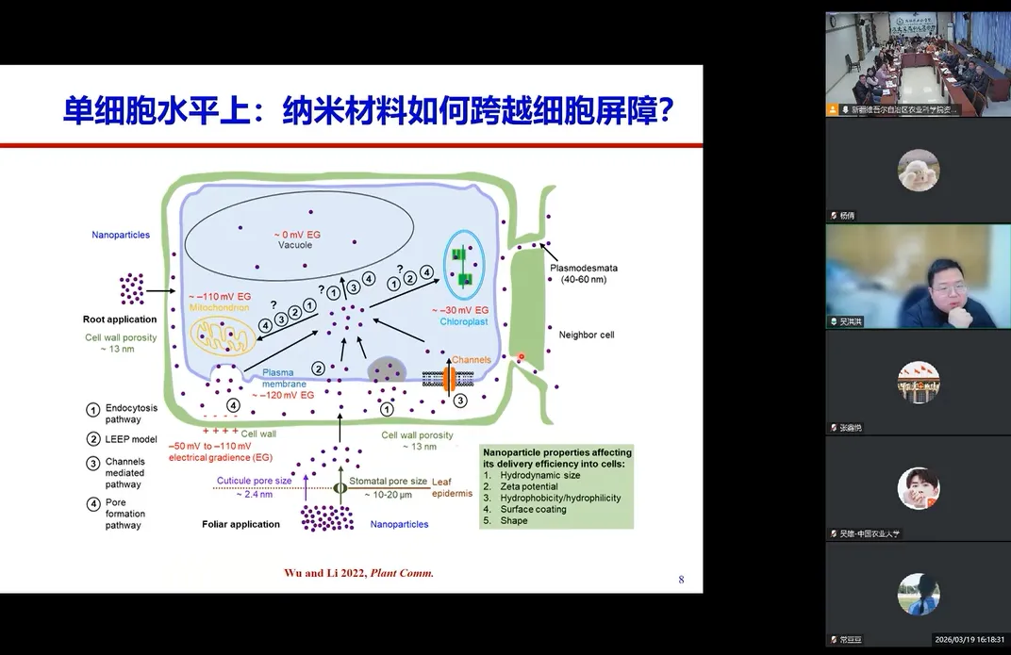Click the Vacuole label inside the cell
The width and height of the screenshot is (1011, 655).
pyautogui.click(x=294, y=245)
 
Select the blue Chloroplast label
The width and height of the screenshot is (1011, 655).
pyautogui.click(x=462, y=321)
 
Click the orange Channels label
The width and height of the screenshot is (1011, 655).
pyautogui.click(x=472, y=360)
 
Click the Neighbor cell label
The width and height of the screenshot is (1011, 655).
pyautogui.click(x=586, y=335)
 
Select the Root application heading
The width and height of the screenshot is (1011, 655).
pyautogui.click(x=120, y=319)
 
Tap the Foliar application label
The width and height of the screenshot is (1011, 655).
pyautogui.click(x=240, y=524)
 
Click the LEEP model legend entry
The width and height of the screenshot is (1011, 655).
pyautogui.click(x=130, y=439)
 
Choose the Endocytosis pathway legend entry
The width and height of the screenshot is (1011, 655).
pyautogui.click(x=124, y=414)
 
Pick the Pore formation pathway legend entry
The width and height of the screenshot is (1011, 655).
pyautogui.click(x=124, y=514)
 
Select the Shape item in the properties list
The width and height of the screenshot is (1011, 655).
pyautogui.click(x=514, y=520)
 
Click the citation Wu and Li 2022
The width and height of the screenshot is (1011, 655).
pyautogui.click(x=325, y=572)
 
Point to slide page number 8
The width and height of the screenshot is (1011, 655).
pyautogui.click(x=681, y=580)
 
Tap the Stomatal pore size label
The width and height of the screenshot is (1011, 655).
pyautogui.click(x=388, y=481)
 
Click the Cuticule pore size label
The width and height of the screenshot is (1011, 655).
pyautogui.click(x=254, y=481)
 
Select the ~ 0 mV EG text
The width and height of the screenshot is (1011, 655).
pyautogui.click(x=294, y=234)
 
